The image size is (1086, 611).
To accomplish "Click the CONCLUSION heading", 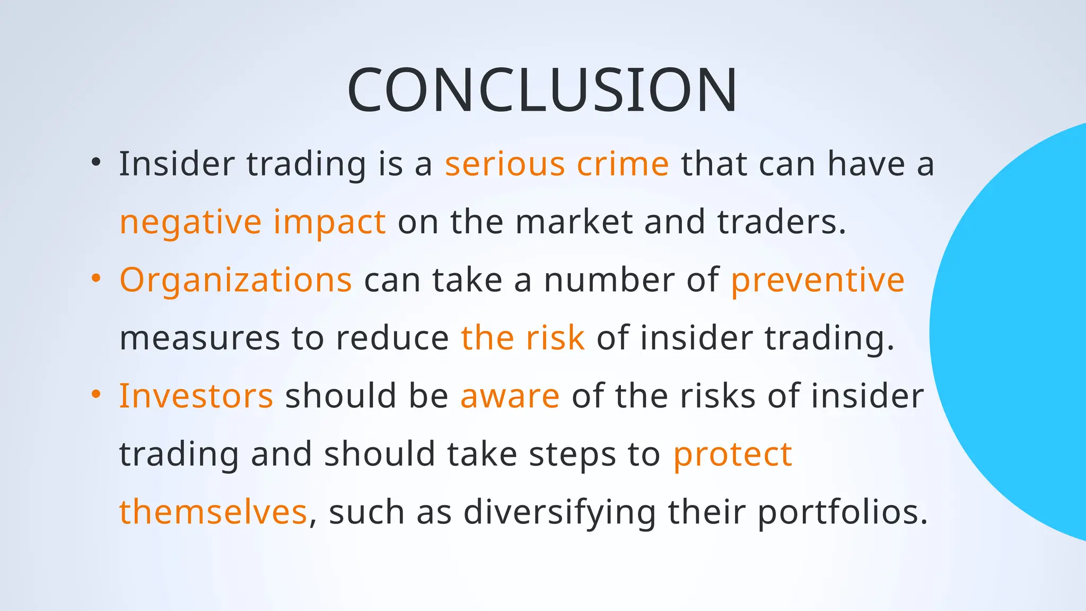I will [x=542, y=90].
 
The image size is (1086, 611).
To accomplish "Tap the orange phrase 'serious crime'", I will [x=557, y=164].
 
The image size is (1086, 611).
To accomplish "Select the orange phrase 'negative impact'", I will [x=252, y=222].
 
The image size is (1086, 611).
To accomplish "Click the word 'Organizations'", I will [x=235, y=281].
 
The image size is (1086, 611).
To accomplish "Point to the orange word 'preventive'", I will [x=817, y=280].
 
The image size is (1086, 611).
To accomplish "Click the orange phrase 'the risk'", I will [x=522, y=338].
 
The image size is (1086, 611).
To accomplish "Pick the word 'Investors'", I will [x=196, y=396].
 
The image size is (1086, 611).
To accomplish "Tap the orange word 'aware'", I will [x=510, y=397].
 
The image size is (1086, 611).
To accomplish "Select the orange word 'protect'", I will [x=732, y=455].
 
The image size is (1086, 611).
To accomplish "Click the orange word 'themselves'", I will [x=213, y=512].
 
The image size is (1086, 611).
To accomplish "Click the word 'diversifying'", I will [x=559, y=513].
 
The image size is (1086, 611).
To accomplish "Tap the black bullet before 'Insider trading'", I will [x=95, y=162].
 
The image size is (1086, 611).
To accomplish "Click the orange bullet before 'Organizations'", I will [x=95, y=278].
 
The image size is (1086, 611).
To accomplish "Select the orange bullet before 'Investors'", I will [x=95, y=394].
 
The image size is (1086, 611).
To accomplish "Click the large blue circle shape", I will [x=1018, y=331].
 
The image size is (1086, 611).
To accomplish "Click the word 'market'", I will [x=574, y=222].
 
